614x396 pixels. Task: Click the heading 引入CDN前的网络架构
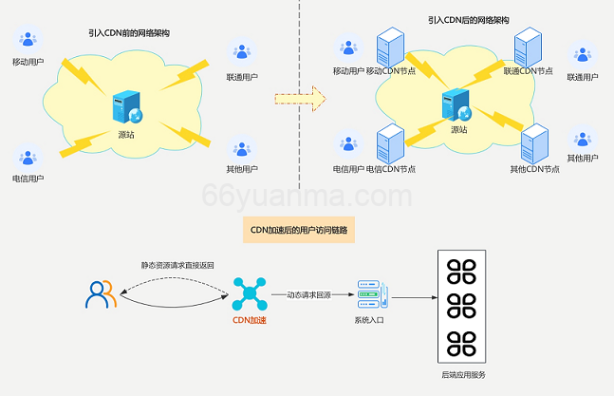click(130, 32)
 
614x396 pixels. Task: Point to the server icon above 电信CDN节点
click(390, 144)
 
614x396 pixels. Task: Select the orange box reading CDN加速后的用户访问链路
click(299, 229)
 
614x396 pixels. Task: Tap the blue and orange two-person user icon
click(101, 294)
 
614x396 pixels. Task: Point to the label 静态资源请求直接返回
click(177, 265)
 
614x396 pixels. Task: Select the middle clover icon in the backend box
click(461, 305)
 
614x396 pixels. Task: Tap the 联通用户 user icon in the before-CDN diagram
click(243, 50)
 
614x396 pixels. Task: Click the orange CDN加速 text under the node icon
click(250, 321)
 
